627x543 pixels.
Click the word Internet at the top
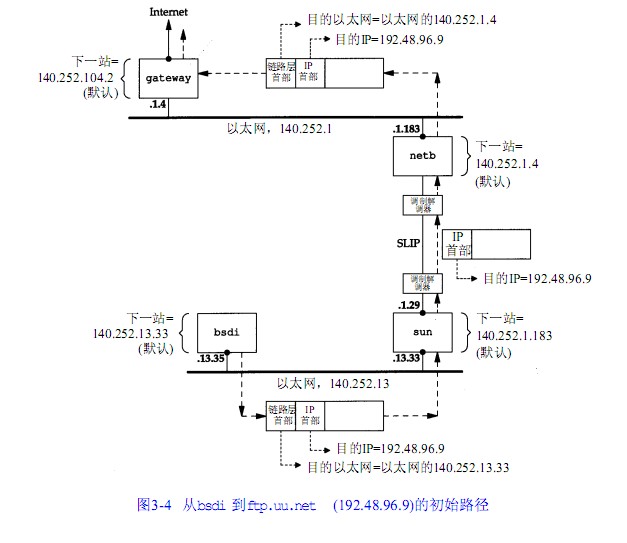click(x=167, y=11)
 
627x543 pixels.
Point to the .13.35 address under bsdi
click(x=212, y=358)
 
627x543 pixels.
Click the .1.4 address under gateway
click(x=156, y=103)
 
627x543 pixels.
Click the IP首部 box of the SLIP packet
click(x=456, y=244)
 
